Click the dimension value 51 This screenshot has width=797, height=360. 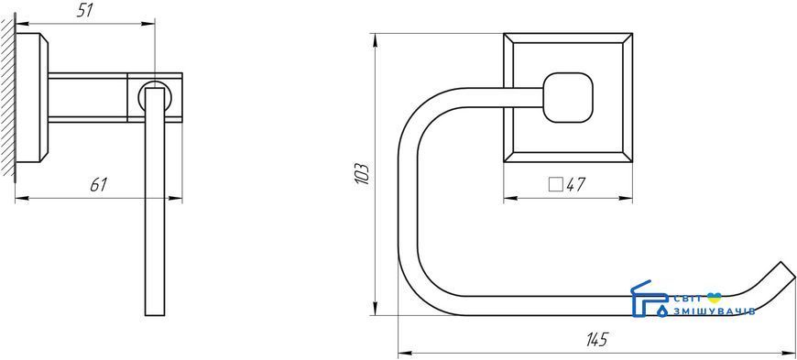[85, 10]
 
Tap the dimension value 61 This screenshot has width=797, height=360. [98, 184]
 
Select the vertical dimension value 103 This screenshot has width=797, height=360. [362, 173]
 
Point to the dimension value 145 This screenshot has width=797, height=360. [596, 339]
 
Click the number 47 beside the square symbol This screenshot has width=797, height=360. [576, 184]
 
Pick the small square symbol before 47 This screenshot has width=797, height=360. [556, 184]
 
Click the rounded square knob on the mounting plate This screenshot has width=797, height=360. [568, 98]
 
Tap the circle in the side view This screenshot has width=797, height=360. [155, 96]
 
